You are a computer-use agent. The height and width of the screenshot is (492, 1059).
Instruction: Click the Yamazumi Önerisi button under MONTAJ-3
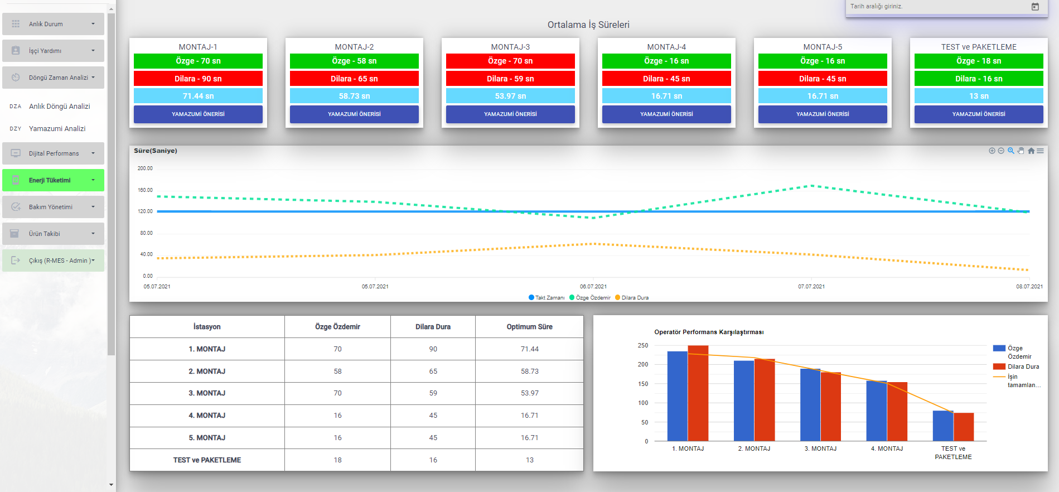[510, 114]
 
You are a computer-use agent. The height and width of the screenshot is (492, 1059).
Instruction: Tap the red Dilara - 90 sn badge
[198, 79]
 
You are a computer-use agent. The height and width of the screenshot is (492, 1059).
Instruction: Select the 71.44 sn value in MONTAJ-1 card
[198, 96]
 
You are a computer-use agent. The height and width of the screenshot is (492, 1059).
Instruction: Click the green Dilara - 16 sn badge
[979, 79]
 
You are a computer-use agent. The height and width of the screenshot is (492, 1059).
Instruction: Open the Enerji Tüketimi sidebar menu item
[54, 180]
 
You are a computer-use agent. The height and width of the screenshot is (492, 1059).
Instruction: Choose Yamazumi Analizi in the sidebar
[57, 128]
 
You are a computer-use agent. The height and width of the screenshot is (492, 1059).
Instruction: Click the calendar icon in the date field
[1035, 7]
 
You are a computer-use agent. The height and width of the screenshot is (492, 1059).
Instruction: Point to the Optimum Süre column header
[529, 327]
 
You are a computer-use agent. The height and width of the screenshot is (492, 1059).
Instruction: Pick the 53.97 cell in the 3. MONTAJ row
[529, 393]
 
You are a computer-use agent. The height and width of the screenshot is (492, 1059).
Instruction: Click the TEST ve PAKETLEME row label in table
[207, 460]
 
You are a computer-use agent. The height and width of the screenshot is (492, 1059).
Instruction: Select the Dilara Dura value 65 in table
[433, 371]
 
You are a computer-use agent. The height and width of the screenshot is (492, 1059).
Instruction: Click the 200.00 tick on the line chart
[145, 168]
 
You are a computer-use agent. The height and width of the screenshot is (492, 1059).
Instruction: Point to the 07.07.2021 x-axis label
[811, 287]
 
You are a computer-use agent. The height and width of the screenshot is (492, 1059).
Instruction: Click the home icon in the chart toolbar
[1031, 151]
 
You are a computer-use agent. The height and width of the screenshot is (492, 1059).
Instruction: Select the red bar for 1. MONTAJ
[698, 393]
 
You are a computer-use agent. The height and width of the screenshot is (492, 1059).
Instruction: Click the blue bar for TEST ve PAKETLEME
[943, 426]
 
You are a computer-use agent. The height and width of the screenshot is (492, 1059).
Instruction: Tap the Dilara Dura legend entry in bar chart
[1023, 366]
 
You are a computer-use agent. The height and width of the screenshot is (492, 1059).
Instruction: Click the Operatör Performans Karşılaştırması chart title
[709, 332]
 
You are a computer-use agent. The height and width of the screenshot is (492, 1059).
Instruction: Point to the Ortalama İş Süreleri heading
[588, 25]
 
